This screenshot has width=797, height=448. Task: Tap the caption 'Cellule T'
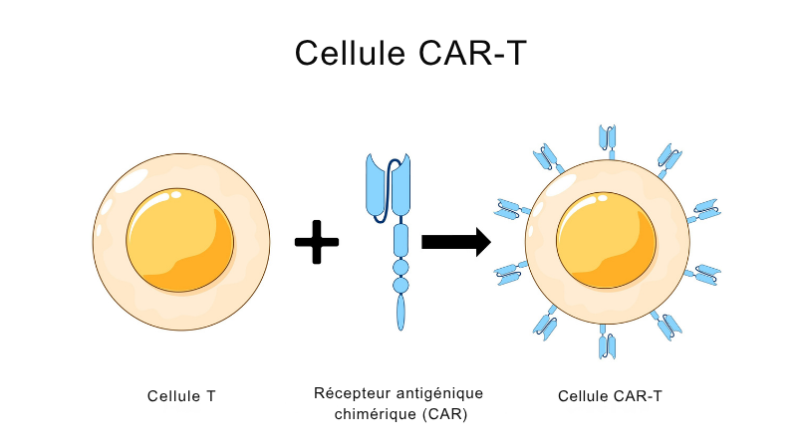pos(181,395)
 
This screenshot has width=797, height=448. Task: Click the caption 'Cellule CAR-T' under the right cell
pos(610,395)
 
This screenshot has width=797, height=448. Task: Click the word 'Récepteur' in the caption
pos(348,392)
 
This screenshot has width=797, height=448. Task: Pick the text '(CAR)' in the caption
pos(444,413)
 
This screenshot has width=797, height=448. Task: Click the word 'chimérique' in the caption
pos(375,413)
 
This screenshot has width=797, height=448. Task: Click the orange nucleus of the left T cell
pos(180,240)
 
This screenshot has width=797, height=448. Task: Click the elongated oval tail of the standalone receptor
pos(401,312)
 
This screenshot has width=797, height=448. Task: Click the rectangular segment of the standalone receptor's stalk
pos(401,240)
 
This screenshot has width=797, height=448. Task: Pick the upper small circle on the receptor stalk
pos(401,268)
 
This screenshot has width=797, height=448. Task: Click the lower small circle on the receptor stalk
pos(401,285)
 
